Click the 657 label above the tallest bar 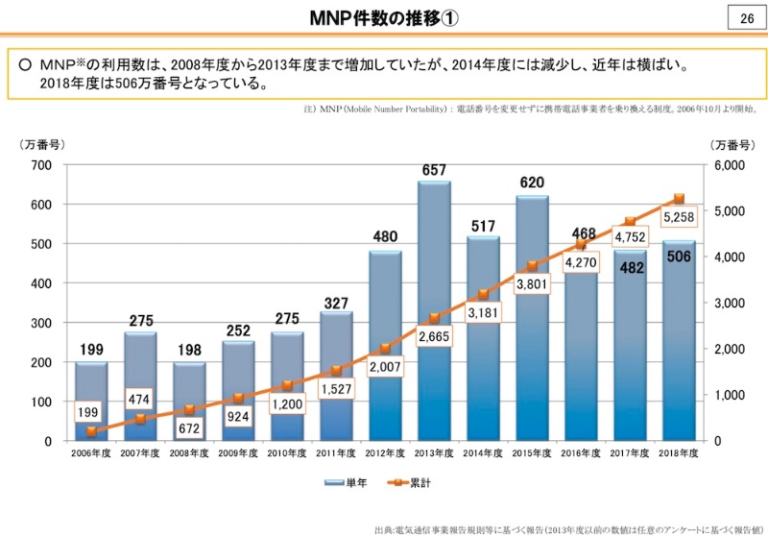pyautogui.click(x=434, y=171)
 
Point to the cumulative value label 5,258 pyautogui.click(x=678, y=218)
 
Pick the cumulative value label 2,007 pyautogui.click(x=385, y=367)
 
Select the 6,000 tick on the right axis pyautogui.click(x=731, y=165)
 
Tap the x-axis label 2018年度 pyautogui.click(x=679, y=452)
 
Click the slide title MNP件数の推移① pyautogui.click(x=384, y=19)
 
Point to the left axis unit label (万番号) pyautogui.click(x=41, y=144)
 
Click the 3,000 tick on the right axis pyautogui.click(x=731, y=303)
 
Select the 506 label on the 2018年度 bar pyautogui.click(x=678, y=256)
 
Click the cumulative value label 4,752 pyautogui.click(x=629, y=237)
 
